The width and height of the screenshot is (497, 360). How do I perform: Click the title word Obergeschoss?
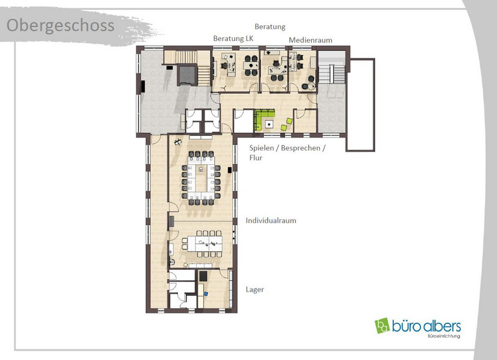pyautogui.click(x=60, y=26)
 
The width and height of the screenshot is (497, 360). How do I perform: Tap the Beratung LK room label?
pyautogui.click(x=234, y=39)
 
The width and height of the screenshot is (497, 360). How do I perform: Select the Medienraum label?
pyautogui.click(x=310, y=40)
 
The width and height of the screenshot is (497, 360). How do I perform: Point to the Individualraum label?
pyautogui.click(x=271, y=221)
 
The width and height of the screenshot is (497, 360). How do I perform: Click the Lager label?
pyautogui.click(x=255, y=290)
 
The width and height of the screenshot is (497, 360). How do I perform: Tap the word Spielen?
pyautogui.click(x=262, y=148)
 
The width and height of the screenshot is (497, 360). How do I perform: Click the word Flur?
pyautogui.click(x=256, y=158)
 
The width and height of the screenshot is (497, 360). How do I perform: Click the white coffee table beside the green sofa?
pyautogui.click(x=269, y=124)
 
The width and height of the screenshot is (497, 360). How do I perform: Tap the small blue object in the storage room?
pyautogui.click(x=206, y=293)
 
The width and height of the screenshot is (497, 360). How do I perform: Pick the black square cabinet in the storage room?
pyautogui.click(x=203, y=275)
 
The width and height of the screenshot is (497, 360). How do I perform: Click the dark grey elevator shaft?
pyautogui.click(x=187, y=75)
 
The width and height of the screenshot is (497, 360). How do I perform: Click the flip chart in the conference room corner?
pyautogui.click(x=178, y=142)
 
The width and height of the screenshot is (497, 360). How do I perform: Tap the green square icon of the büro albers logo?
pyautogui.click(x=382, y=325)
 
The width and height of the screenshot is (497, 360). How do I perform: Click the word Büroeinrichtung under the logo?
pyautogui.click(x=444, y=336)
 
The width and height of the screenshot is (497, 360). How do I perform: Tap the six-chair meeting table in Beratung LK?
pyautogui.click(x=251, y=66)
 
